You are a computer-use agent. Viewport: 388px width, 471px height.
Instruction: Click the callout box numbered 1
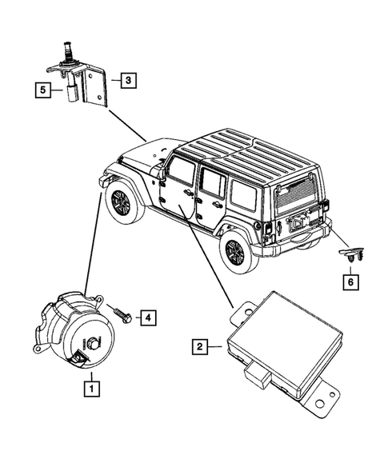92,389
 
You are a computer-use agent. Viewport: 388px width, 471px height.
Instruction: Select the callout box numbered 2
200,347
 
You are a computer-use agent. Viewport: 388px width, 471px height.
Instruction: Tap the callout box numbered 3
129,80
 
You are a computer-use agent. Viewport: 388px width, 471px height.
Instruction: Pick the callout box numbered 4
148,317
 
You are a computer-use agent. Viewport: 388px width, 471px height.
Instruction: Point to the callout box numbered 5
43,90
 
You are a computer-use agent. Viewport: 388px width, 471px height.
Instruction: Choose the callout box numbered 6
350,282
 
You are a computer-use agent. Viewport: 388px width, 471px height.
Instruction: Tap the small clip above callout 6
351,253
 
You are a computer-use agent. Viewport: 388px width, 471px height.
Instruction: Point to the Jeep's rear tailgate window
296,196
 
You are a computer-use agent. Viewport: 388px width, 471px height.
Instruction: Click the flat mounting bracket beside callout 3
95,87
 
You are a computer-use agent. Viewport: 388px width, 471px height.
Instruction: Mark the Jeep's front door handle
187,192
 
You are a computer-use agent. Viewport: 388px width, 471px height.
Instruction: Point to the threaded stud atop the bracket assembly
66,51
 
